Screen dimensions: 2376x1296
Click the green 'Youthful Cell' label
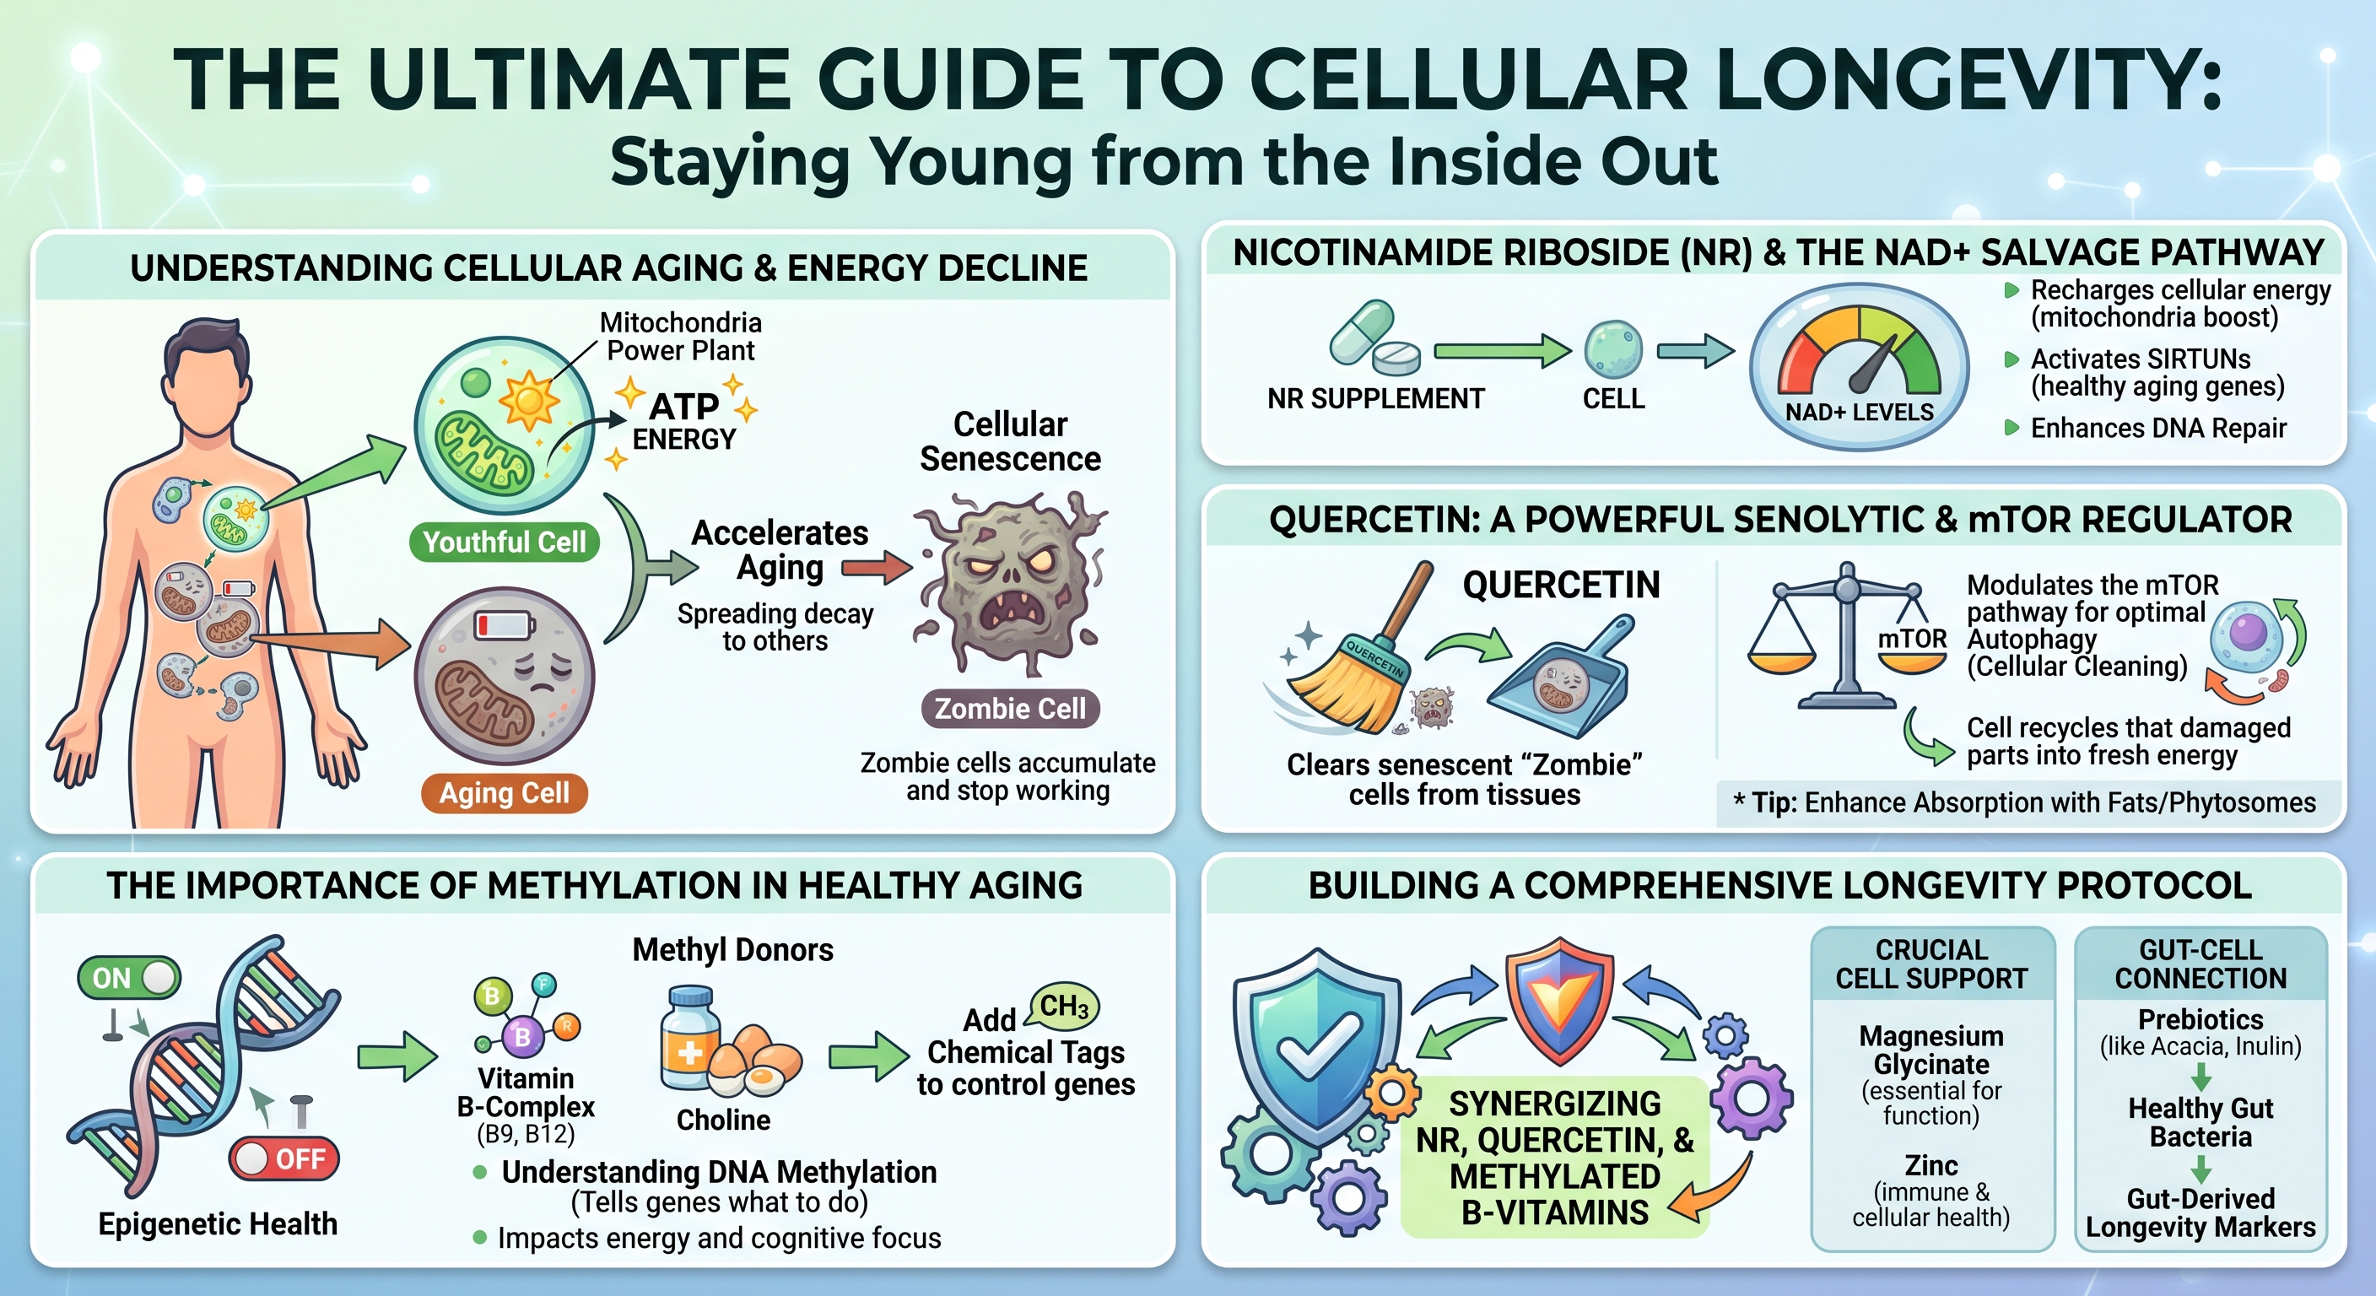(504, 542)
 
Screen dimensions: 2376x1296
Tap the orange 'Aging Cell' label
(504, 792)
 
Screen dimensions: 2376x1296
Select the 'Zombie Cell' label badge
(1010, 709)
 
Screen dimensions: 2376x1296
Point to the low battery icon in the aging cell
(504, 624)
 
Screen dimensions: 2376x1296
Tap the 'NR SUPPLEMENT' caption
(1375, 398)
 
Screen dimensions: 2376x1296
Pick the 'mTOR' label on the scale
(1912, 639)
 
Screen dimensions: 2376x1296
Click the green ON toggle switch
(129, 978)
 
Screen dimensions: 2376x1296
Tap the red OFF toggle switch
(284, 1158)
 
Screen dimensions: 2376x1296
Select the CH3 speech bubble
(1063, 1007)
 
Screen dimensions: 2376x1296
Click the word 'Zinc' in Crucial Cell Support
(1930, 1165)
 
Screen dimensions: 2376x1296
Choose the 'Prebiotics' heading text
(2200, 1019)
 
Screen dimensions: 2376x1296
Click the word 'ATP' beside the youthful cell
(683, 406)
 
